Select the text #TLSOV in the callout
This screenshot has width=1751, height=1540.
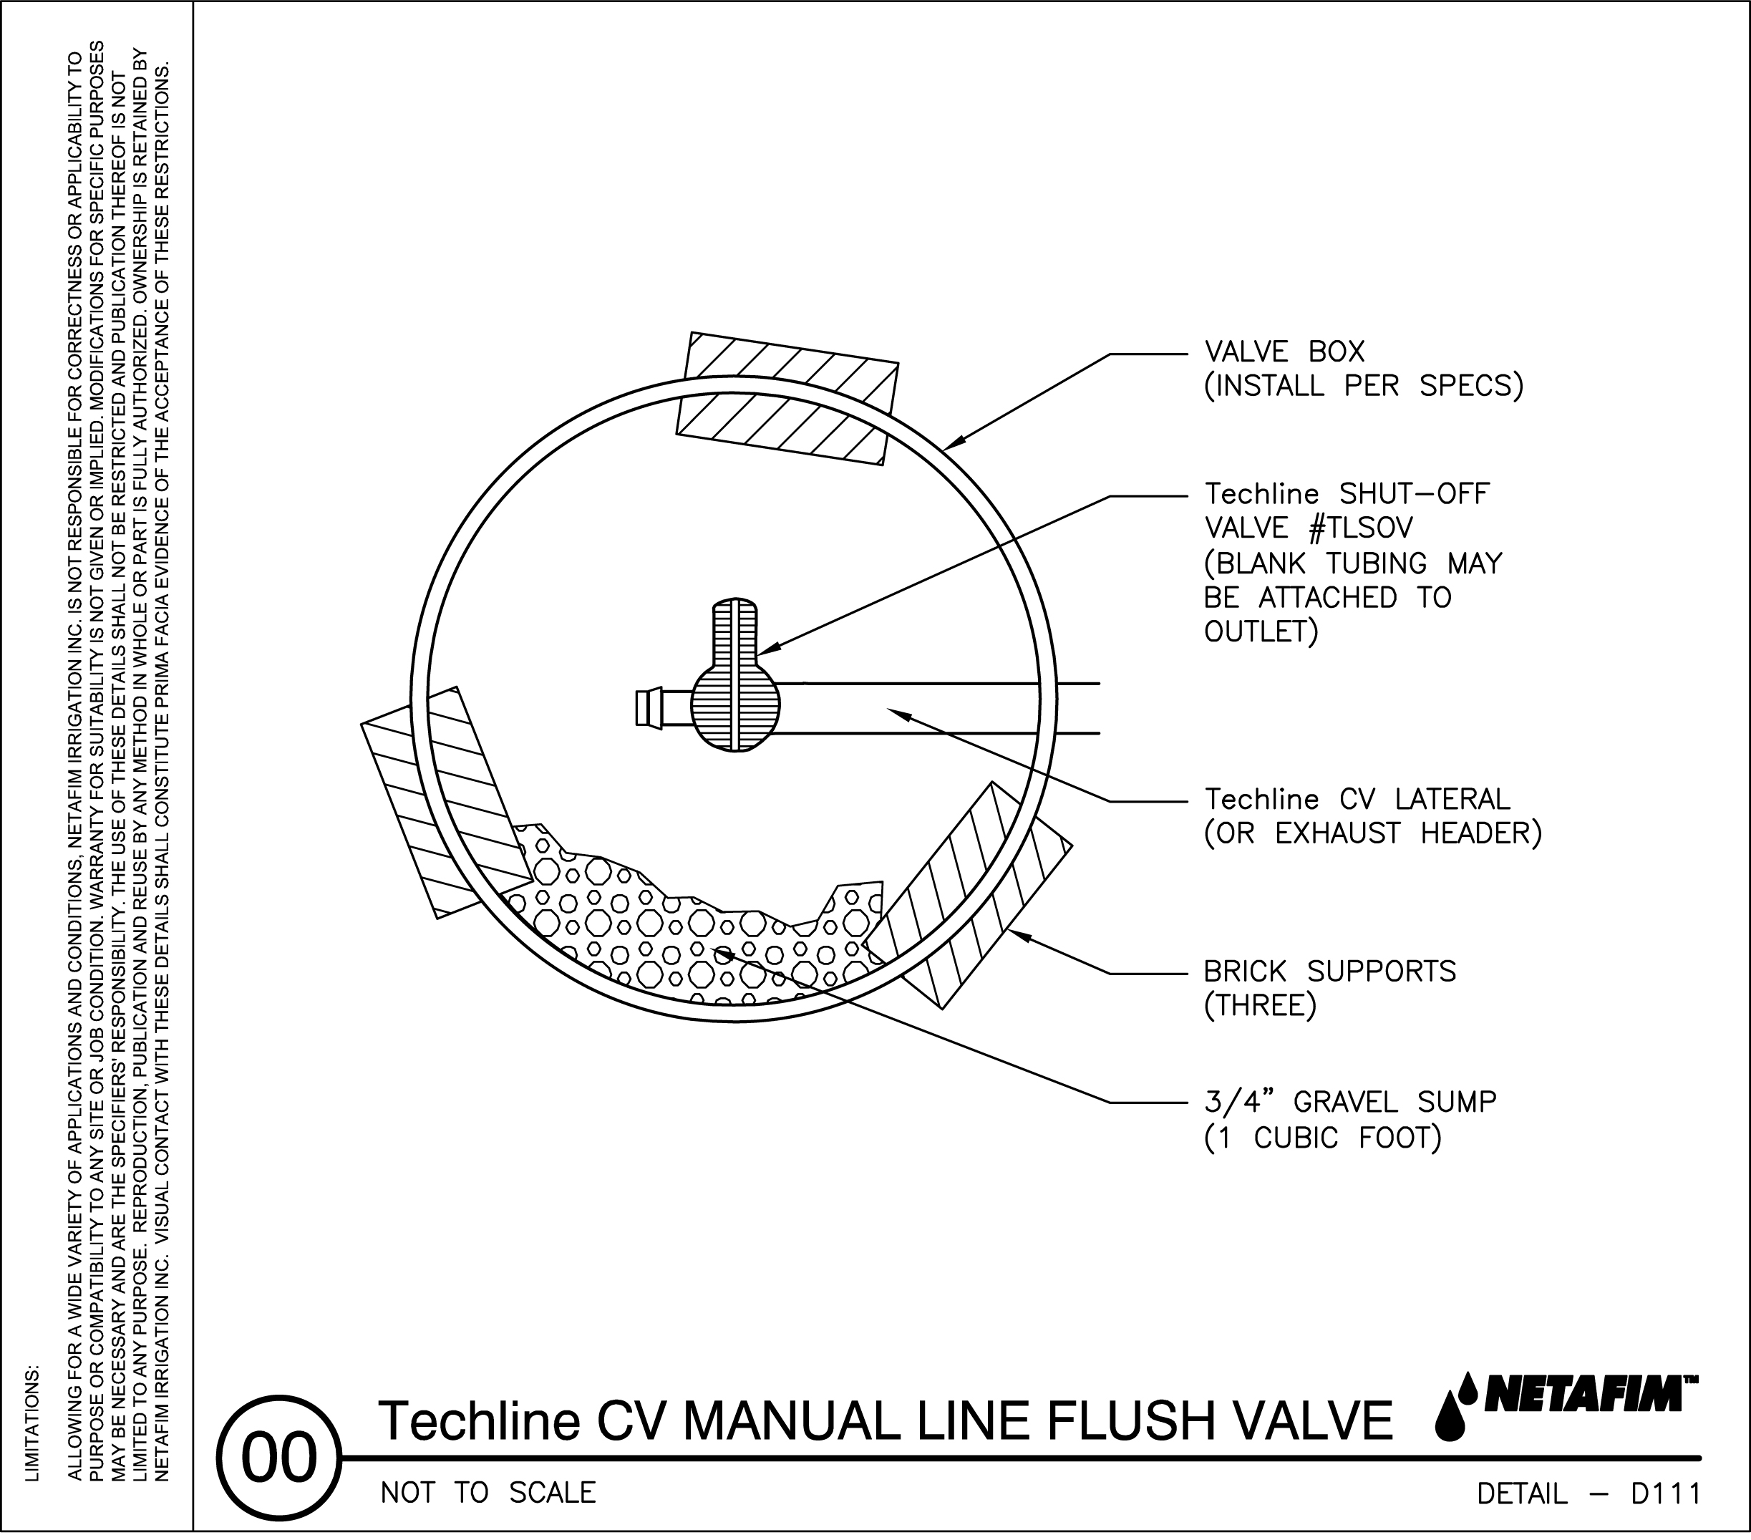pyautogui.click(x=1362, y=528)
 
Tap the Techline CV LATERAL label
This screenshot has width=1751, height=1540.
pyautogui.click(x=1357, y=800)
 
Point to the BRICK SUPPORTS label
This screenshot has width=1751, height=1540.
pyautogui.click(x=1329, y=972)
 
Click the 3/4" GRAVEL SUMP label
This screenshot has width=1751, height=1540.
pyautogui.click(x=1350, y=1102)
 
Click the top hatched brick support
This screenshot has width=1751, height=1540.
pyautogui.click(x=787, y=399)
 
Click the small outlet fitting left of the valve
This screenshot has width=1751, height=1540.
pyautogui.click(x=649, y=708)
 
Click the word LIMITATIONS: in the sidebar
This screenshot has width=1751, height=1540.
pyautogui.click(x=32, y=1422)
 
